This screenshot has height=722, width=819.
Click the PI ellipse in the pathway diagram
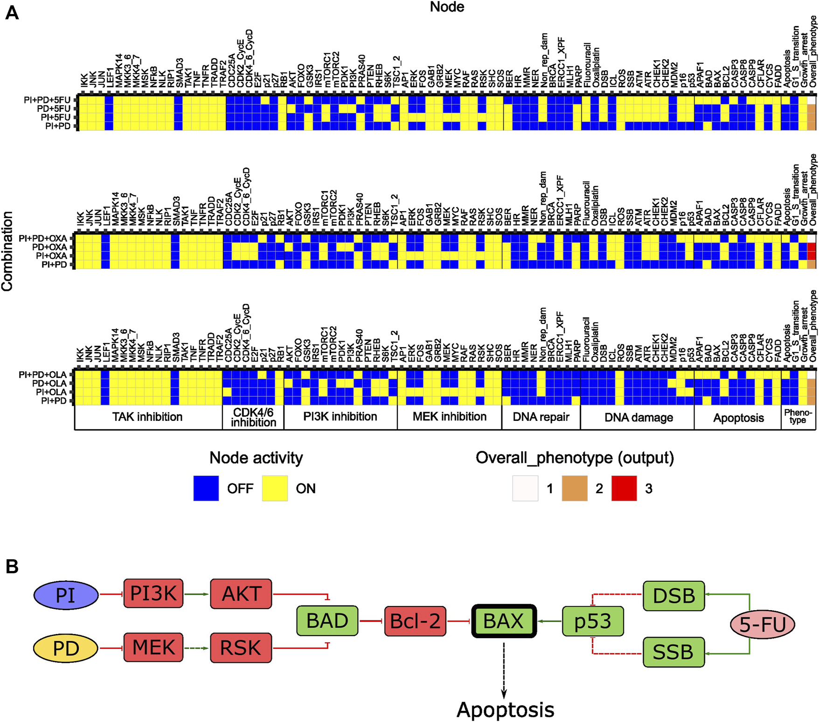click(66, 595)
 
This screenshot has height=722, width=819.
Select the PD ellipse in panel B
click(66, 648)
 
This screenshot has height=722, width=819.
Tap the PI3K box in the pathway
click(153, 593)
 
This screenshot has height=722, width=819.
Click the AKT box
click(241, 593)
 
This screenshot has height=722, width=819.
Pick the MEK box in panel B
click(153, 647)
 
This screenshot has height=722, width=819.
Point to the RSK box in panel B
click(241, 647)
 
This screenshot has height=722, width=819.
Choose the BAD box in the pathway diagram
click(327, 620)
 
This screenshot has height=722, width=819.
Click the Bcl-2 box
click(415, 621)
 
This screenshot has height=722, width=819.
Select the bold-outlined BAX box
click(504, 621)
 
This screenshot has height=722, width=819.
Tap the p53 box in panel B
click(592, 621)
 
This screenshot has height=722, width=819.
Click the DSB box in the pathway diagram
click(673, 595)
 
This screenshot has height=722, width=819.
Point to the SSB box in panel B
click(673, 652)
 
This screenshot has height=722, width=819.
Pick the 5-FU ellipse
click(763, 624)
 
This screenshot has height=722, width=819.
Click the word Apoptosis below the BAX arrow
click(505, 710)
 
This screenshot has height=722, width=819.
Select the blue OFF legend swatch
click(206, 488)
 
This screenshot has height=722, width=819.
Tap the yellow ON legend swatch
click(274, 488)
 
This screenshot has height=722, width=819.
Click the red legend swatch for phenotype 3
click(624, 488)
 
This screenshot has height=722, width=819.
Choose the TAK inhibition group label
click(147, 417)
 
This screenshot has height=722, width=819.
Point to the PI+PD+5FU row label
click(47, 100)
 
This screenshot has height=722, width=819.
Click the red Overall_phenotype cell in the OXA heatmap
click(812, 252)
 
